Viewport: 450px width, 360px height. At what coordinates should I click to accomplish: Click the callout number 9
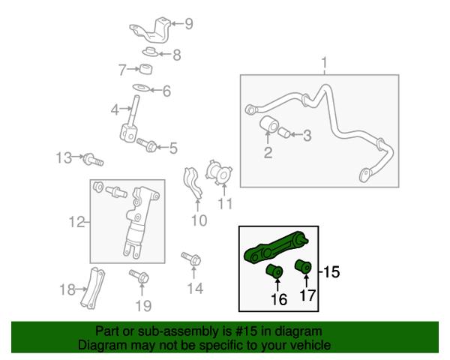188,24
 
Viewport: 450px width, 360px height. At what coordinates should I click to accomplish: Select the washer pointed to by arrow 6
141,87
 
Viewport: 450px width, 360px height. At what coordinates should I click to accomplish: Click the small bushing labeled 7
145,70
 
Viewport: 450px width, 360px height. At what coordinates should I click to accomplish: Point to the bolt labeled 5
147,145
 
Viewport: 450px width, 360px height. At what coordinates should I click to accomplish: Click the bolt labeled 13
93,160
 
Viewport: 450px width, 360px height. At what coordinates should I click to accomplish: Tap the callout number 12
77,222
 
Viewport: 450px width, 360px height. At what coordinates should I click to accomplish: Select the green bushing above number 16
274,271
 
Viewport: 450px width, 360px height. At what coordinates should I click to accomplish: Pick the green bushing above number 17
303,266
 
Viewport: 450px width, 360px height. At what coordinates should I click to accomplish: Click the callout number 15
331,271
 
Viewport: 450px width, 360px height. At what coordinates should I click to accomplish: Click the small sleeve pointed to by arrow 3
283,133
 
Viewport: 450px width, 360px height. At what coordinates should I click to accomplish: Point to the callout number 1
324,62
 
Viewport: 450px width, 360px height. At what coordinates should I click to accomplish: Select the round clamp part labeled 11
218,172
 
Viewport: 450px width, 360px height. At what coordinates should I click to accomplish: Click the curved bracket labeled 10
193,183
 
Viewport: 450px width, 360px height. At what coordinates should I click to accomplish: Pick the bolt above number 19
139,276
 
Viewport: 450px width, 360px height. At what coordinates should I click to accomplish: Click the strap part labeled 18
92,288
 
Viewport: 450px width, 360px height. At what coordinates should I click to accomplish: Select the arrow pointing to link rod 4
126,109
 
